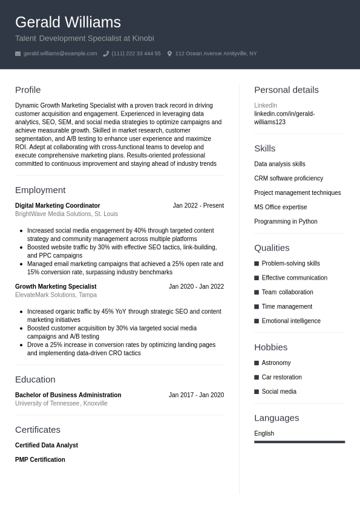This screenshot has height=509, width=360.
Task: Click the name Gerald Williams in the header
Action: pos(68,22)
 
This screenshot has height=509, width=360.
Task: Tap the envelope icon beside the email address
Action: pos(18,54)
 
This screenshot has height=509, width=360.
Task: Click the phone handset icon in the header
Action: pos(106,54)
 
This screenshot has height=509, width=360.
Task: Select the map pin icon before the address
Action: pos(169,54)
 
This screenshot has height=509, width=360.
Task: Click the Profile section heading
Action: pos(28,90)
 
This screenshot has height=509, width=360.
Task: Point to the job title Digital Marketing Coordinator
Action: pos(57,206)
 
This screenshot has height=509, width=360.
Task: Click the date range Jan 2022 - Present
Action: pos(198,206)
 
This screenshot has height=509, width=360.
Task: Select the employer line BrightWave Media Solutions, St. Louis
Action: pos(67,214)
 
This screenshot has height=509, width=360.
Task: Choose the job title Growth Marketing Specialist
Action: pos(56,287)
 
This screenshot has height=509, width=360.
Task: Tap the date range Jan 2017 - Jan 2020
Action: pos(196,395)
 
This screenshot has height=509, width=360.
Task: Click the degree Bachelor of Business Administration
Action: pos(68,395)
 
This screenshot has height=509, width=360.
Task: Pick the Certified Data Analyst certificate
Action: pos(47,445)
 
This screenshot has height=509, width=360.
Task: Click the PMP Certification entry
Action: pos(40,460)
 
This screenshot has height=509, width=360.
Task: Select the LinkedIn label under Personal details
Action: pos(265,105)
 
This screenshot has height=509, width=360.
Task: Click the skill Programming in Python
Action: pos(286,222)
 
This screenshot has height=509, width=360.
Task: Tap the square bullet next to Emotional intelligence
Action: pos(257,321)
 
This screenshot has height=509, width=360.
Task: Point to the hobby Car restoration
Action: pos(281,378)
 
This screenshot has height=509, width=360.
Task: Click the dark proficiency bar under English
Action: pos(299,442)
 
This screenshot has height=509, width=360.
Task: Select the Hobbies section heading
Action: pos(270,347)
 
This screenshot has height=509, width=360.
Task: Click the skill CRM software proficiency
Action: pos(289,179)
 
